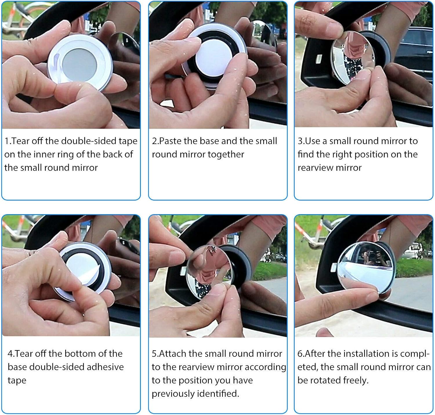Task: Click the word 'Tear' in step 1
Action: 21,141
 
